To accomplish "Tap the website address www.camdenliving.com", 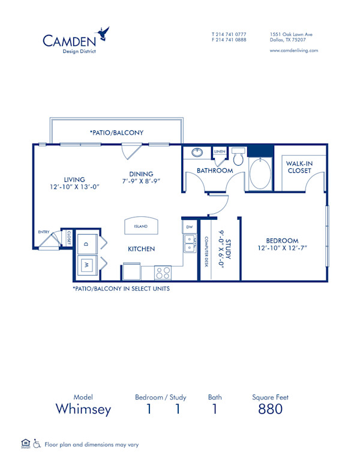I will (294, 50).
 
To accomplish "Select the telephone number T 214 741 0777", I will (229, 34).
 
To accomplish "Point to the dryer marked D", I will (86, 244).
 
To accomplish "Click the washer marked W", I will (86, 265).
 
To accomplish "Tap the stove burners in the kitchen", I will (163, 273).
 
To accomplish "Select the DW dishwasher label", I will (190, 227).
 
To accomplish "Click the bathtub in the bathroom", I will (260, 174).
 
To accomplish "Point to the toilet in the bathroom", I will (238, 158).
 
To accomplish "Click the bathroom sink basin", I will (197, 153).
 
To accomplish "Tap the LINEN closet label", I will (219, 151).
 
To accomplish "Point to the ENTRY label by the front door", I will (44, 231).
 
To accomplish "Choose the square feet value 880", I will (270, 410).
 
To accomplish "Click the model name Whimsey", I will (83, 410).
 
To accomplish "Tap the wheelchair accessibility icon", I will (36, 444).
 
